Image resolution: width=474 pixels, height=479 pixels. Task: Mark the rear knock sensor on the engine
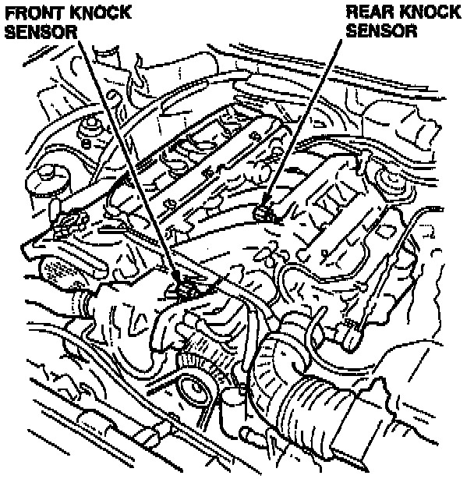pos(267,211)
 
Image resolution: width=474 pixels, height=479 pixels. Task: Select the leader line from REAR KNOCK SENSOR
pos(304,125)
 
